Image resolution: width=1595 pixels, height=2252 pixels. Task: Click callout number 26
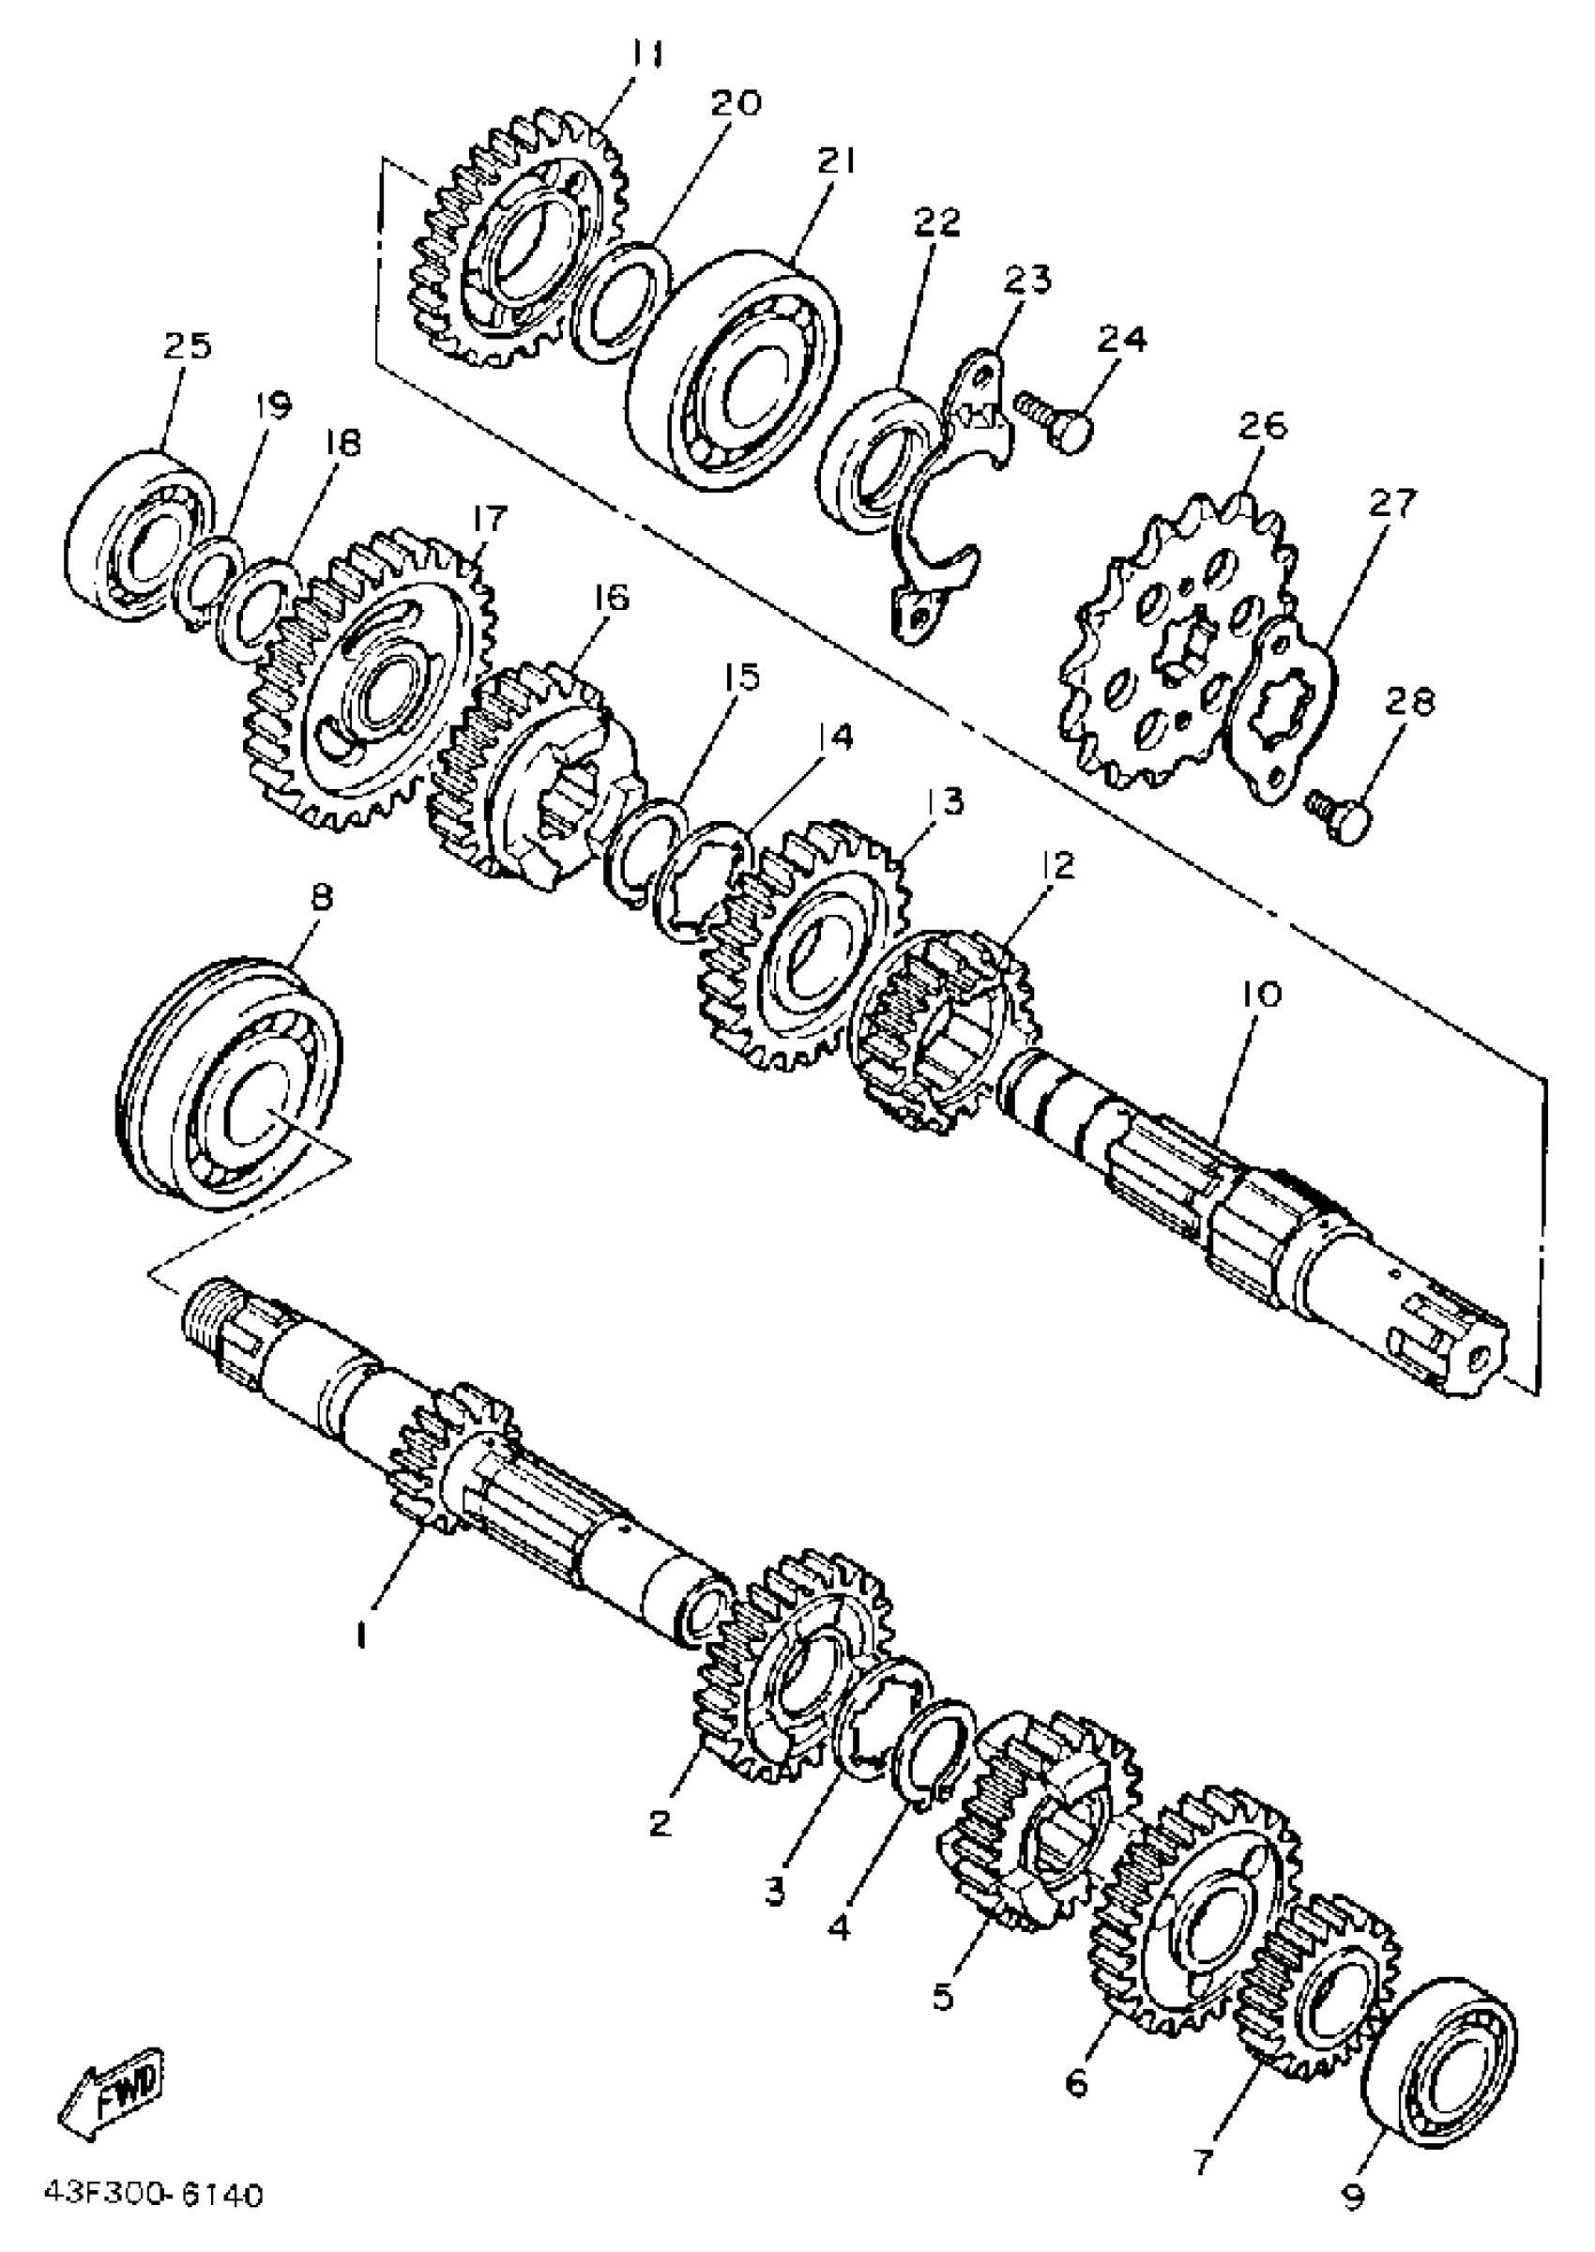point(1262,426)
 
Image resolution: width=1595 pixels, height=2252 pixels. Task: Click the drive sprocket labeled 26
point(1169,648)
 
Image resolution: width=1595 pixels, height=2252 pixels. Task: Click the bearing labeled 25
point(138,536)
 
